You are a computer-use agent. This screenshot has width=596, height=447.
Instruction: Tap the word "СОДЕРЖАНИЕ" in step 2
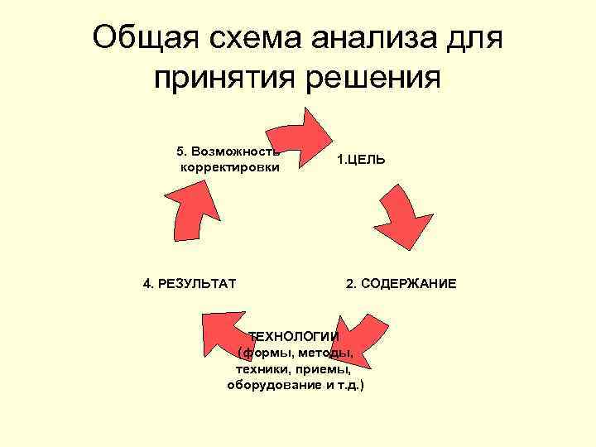tap(411, 284)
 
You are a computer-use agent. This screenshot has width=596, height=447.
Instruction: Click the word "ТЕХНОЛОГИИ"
tap(295, 336)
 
